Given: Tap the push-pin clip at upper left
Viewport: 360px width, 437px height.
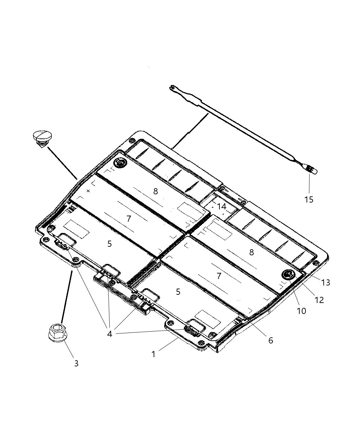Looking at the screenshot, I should (x=41, y=138).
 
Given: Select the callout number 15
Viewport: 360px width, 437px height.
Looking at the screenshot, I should (x=309, y=199).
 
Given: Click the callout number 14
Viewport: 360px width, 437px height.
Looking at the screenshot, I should (x=221, y=207).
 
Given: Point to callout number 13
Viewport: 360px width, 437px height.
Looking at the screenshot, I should (x=325, y=282).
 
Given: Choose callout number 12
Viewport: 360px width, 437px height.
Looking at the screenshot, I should (x=319, y=300).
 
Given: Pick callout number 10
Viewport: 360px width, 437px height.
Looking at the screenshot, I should (x=301, y=311).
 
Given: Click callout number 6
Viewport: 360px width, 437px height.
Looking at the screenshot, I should (x=271, y=340).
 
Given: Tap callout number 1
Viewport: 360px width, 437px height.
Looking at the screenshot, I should (x=154, y=354).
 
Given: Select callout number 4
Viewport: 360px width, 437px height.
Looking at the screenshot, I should (x=109, y=333).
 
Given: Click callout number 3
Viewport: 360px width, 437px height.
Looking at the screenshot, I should (x=76, y=363).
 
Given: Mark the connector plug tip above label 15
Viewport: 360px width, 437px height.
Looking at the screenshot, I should (x=311, y=169).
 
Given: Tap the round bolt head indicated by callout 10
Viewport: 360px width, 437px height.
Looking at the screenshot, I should (x=288, y=274).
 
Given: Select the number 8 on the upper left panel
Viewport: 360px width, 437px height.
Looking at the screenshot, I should (x=155, y=191).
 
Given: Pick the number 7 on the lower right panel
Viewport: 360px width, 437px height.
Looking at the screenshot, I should (x=219, y=276).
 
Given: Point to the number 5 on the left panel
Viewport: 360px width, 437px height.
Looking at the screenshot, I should (x=109, y=244).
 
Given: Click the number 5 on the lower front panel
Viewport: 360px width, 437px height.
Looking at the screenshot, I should (x=178, y=292).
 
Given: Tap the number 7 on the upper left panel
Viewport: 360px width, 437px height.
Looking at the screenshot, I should (x=129, y=218).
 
